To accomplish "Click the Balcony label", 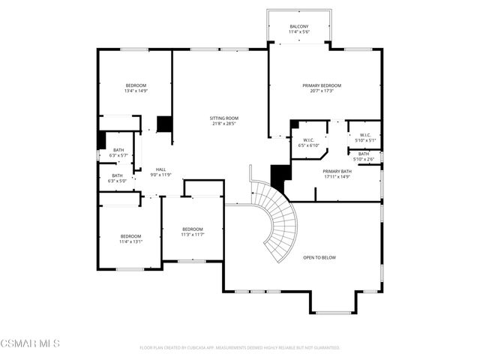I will [298, 27].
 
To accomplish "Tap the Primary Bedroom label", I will [322, 86].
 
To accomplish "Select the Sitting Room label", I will [223, 118].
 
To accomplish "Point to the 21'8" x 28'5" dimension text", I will [223, 124].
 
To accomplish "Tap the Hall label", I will [160, 170].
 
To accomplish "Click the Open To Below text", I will [319, 257].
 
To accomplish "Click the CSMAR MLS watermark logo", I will [30, 344].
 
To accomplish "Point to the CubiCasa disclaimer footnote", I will [239, 348].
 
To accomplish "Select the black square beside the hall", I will [164, 124].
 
